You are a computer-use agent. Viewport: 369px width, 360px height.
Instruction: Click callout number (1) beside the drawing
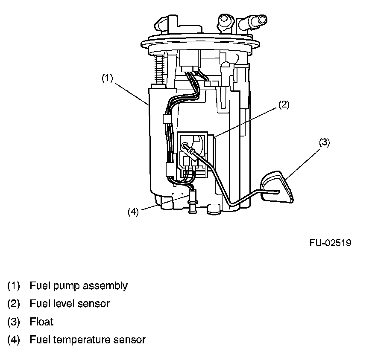[107, 78]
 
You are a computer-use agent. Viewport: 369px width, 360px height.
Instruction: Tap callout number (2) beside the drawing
[284, 104]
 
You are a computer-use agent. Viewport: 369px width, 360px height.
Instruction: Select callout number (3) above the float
[324, 142]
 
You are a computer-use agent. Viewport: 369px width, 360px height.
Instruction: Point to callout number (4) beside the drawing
[133, 212]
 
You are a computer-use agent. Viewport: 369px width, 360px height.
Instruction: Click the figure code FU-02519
[331, 243]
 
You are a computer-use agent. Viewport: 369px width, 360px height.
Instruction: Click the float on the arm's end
[278, 187]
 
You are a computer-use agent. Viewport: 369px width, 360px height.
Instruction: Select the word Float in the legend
[42, 322]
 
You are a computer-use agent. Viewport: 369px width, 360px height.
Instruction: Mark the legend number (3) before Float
[13, 322]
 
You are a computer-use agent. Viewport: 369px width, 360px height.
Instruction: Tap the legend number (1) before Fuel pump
[13, 286]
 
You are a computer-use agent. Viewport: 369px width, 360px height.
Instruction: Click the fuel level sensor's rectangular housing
[195, 154]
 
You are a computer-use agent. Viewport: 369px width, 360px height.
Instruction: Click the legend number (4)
[13, 340]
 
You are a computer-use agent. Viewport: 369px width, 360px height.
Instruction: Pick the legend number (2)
[13, 304]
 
